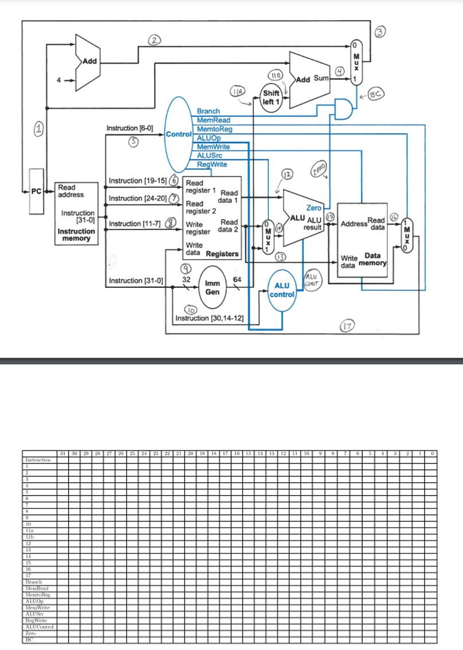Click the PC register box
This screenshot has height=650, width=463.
click(36, 192)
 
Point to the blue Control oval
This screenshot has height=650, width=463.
click(178, 134)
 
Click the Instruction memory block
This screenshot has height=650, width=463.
click(76, 213)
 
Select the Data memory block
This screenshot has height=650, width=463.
click(363, 240)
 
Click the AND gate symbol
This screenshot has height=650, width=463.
click(343, 109)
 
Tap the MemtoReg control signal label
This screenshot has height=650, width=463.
click(215, 129)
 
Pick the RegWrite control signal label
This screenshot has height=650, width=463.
click(212, 164)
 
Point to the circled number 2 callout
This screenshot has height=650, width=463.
click(154, 39)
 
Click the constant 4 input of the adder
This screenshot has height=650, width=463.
click(58, 80)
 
